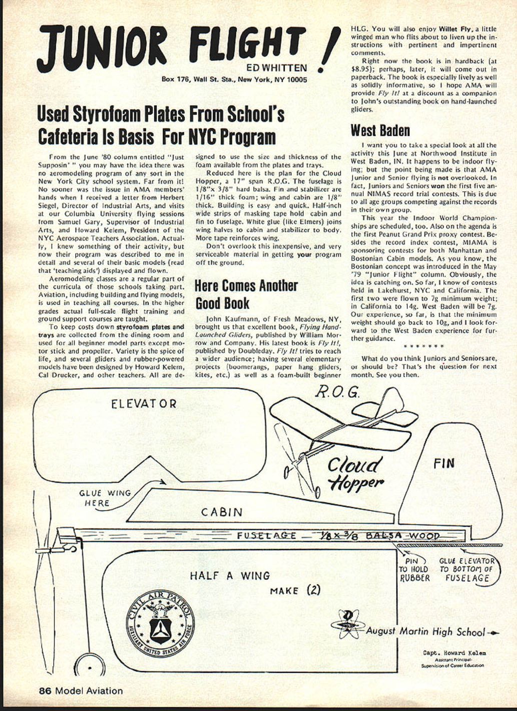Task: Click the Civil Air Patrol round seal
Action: pyautogui.click(x=160, y=624)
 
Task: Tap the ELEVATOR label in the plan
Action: pyautogui.click(x=144, y=404)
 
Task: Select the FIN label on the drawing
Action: pyautogui.click(x=444, y=463)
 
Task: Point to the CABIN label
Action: pyautogui.click(x=222, y=512)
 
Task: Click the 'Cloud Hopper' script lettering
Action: pyautogui.click(x=355, y=473)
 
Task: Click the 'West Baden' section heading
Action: pyautogui.click(x=380, y=131)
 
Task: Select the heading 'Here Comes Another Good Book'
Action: pyautogui.click(x=246, y=294)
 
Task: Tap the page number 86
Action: pyautogui.click(x=46, y=691)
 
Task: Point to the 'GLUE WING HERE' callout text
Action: pyautogui.click(x=104, y=498)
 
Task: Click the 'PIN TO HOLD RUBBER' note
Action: pyautogui.click(x=414, y=569)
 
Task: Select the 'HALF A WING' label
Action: pyautogui.click(x=230, y=575)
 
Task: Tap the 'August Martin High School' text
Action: pyautogui.click(x=425, y=631)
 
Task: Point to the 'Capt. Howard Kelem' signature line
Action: pyautogui.click(x=454, y=653)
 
